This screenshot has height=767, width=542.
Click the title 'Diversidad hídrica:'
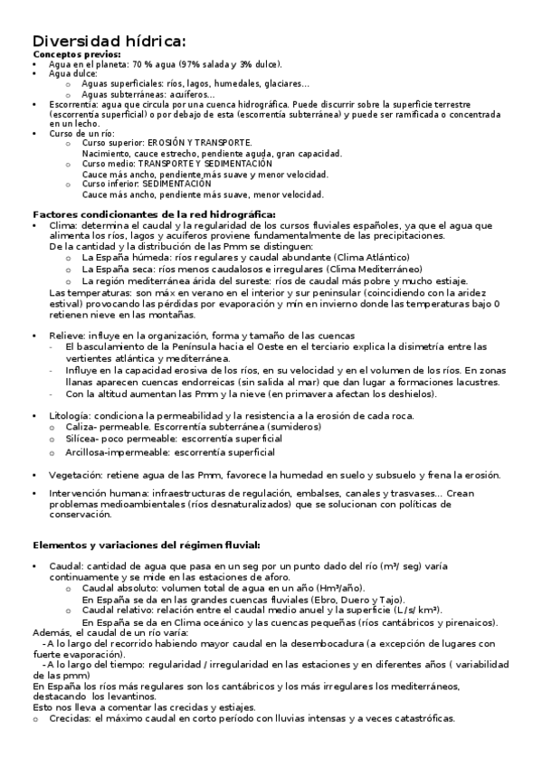click(x=109, y=41)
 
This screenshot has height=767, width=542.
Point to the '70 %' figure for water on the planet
click(x=143, y=64)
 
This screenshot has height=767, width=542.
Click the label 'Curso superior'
click(x=108, y=144)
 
